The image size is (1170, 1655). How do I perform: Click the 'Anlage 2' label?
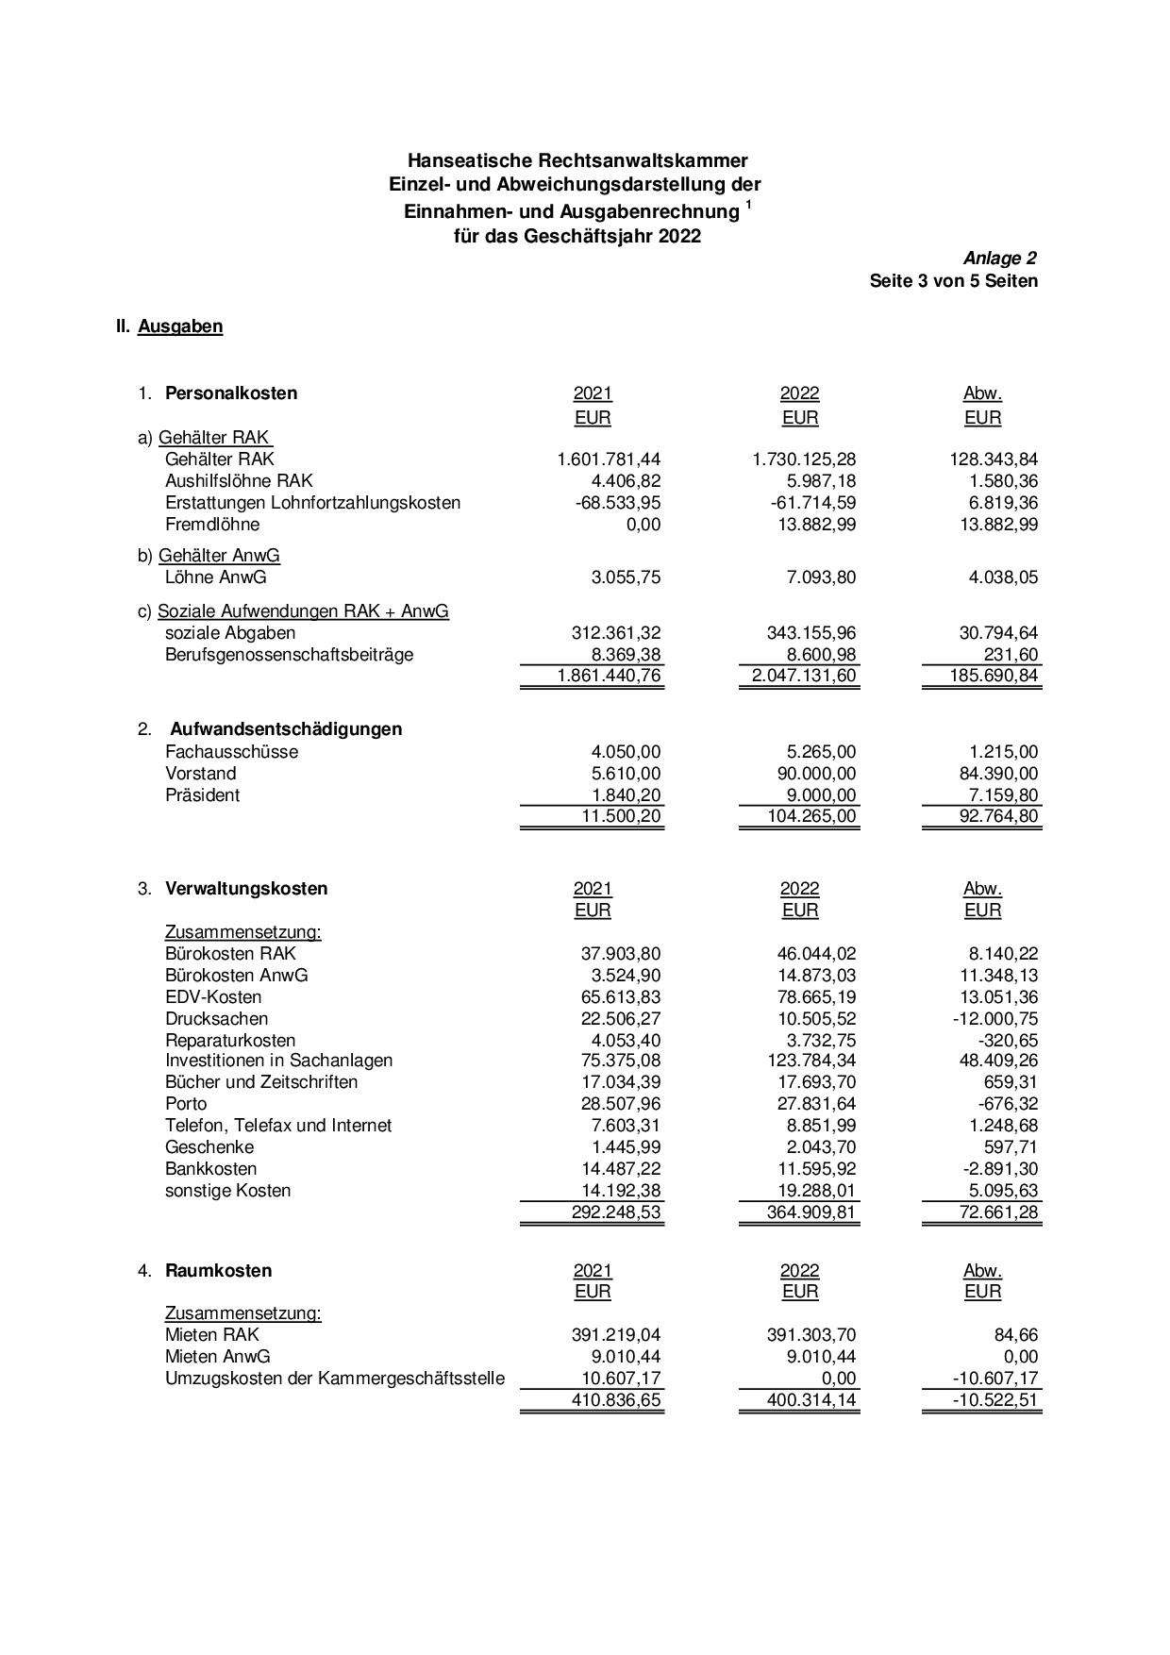click(x=1000, y=259)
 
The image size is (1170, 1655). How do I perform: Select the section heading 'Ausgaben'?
click(x=180, y=326)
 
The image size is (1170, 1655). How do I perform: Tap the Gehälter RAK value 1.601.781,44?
click(x=609, y=460)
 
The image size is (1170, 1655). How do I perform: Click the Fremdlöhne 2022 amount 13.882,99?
click(x=813, y=525)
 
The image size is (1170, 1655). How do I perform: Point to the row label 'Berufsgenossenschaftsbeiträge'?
click(x=289, y=655)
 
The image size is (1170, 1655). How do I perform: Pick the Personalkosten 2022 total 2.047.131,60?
click(x=804, y=676)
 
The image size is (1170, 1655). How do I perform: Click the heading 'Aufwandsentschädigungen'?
click(x=286, y=729)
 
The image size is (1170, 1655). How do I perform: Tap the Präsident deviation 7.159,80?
click(x=996, y=795)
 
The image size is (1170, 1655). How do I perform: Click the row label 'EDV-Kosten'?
click(x=213, y=997)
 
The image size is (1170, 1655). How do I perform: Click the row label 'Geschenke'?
click(x=209, y=1147)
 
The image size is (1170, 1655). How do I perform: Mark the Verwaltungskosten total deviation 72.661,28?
click(x=998, y=1212)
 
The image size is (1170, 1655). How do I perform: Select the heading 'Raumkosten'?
click(x=218, y=1271)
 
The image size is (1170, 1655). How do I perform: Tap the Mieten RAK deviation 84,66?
click(x=1013, y=1335)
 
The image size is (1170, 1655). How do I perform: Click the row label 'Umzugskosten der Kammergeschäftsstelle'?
click(x=334, y=1379)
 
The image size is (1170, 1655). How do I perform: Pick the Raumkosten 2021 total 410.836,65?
click(x=616, y=1400)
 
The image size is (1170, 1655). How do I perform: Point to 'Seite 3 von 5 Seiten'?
click(x=953, y=281)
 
